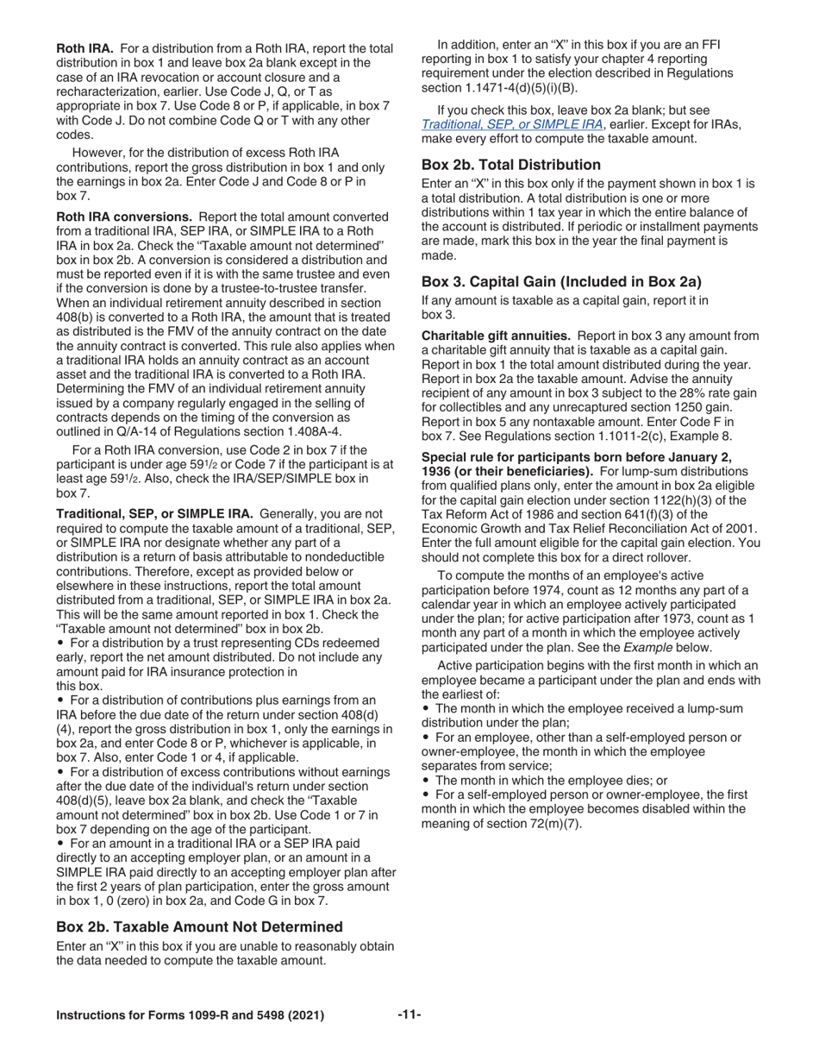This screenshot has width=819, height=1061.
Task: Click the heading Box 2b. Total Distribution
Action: click(x=511, y=165)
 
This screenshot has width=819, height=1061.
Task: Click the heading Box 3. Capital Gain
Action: click(x=561, y=281)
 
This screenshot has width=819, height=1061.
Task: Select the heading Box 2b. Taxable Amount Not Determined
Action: click(x=199, y=926)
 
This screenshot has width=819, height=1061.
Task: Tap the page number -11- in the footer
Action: click(x=409, y=1014)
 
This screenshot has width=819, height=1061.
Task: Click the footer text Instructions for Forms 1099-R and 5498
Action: click(x=190, y=1015)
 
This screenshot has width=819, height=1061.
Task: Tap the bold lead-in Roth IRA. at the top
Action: click(x=84, y=48)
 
